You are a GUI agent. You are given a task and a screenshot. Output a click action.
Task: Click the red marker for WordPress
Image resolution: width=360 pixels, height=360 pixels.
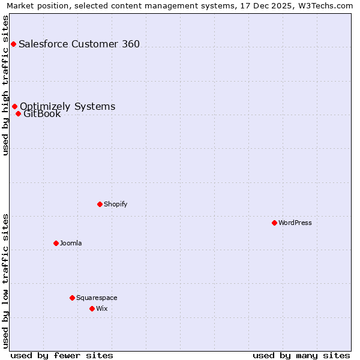[274, 223]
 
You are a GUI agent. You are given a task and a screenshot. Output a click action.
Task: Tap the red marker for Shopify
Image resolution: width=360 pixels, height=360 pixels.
[100, 204]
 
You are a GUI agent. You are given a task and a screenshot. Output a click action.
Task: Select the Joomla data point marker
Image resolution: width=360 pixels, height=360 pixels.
[56, 243]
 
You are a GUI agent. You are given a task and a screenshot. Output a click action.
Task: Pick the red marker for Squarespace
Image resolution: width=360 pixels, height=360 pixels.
[72, 298]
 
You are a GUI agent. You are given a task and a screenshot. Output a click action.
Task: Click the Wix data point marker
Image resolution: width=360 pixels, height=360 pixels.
[92, 308]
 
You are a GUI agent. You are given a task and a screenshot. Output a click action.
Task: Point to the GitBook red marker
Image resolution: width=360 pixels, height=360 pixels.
[18, 113]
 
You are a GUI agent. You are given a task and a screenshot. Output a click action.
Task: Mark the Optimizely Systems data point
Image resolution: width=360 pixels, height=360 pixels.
[14, 106]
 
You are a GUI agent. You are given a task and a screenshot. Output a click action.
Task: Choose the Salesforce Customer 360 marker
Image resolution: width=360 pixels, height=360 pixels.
[13, 44]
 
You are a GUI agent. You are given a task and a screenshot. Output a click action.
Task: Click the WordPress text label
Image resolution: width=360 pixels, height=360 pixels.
[295, 223]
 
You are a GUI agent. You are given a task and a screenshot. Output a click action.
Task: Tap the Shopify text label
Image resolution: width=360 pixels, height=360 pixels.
[116, 204]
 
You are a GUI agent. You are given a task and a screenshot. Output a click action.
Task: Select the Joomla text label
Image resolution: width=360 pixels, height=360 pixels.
[71, 243]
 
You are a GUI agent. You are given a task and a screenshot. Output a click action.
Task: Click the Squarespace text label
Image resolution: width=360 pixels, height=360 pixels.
[97, 298]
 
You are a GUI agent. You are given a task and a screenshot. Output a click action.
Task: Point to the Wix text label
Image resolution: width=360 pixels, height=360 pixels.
[102, 308]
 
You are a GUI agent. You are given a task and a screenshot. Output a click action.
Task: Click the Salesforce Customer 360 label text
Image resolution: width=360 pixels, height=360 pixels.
[79, 44]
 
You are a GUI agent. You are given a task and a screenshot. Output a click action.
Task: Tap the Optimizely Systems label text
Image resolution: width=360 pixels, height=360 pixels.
[67, 106]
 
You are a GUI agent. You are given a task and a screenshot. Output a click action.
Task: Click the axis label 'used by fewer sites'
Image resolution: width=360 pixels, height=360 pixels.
[62, 355]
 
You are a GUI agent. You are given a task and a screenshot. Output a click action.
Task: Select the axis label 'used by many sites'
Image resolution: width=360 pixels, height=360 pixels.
[301, 355]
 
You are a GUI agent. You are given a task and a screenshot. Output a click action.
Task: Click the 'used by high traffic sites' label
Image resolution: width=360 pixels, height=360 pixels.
[5, 85]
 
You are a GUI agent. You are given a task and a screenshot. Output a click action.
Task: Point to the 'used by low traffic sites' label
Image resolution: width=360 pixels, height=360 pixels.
[5, 281]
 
